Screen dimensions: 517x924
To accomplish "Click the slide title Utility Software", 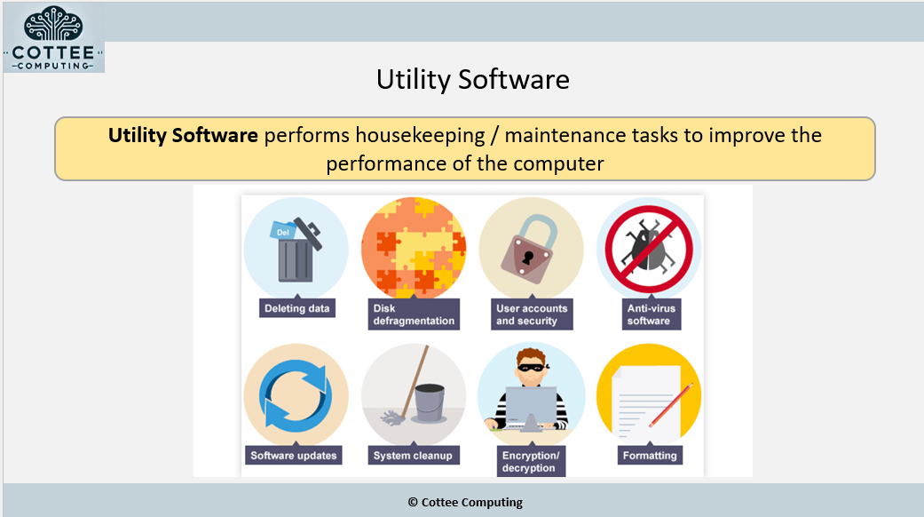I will coord(472,80).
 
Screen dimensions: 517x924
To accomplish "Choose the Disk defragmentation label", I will coord(414,314).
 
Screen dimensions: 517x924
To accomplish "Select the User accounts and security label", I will coord(532,314).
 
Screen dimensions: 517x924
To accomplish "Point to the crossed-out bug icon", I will coord(649,248).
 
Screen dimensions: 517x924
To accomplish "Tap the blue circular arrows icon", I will coord(296,395).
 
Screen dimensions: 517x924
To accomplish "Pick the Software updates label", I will coord(294,456).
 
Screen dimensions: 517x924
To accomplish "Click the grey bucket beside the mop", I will coord(430,402).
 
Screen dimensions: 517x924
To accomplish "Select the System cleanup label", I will coord(413,456).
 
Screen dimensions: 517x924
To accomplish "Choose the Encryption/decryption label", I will coord(531,462).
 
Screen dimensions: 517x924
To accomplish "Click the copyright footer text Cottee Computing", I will coord(465,502).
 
